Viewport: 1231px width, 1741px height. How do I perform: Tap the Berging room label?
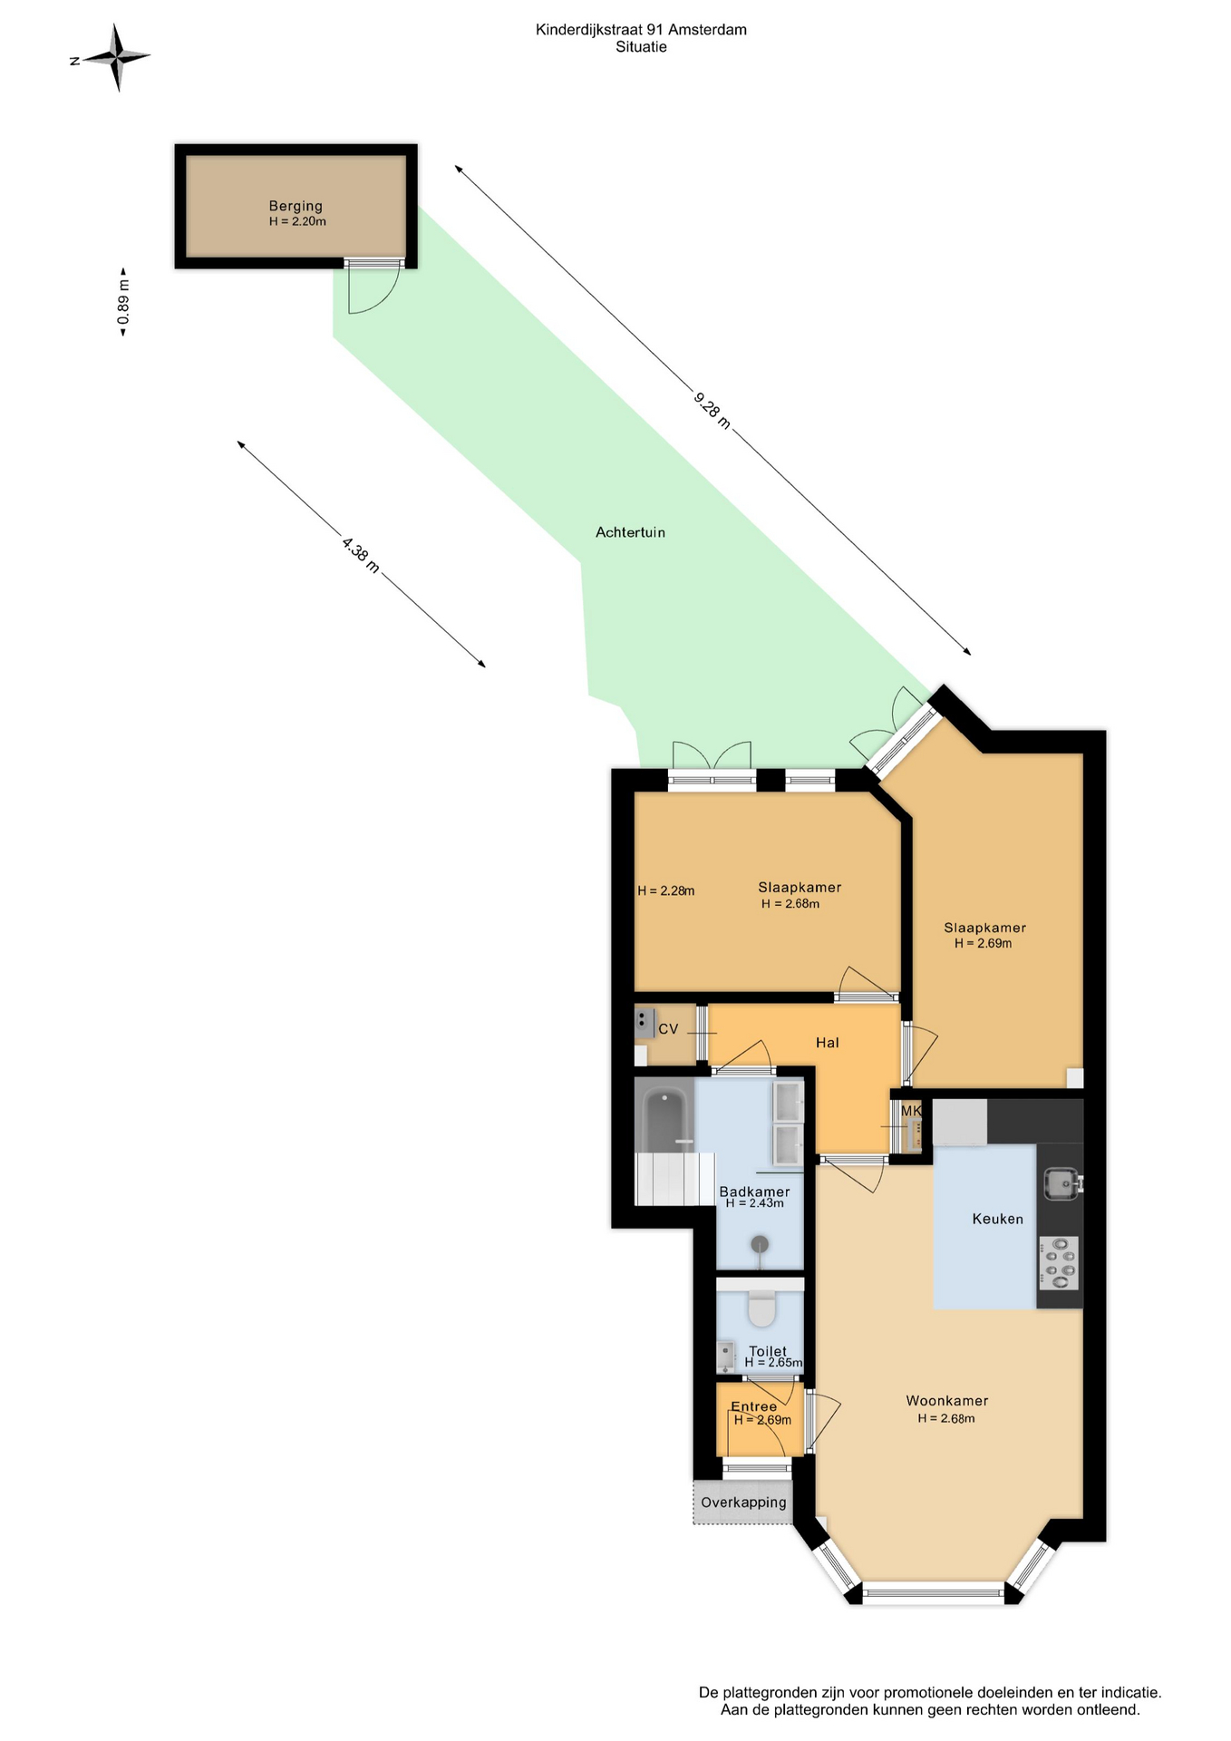point(296,206)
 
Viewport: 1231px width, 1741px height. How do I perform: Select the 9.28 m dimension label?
point(712,410)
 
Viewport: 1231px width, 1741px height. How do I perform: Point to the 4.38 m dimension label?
point(360,555)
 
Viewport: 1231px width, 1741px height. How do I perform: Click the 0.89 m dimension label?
point(123,302)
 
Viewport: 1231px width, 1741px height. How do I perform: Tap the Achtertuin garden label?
point(630,532)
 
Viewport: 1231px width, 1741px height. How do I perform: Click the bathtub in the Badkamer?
point(665,1121)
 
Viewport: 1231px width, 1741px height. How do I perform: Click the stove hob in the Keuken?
point(1059,1262)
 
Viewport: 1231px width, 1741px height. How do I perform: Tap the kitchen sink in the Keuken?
point(1060,1183)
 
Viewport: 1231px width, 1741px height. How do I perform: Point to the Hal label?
point(827,1043)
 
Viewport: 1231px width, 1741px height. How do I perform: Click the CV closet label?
point(668,1029)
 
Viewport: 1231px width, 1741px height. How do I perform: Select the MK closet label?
point(911,1111)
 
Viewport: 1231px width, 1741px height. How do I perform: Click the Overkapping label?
point(743,1503)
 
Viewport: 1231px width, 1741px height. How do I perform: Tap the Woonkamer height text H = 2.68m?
point(946,1418)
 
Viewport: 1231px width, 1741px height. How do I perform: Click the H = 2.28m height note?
point(666,890)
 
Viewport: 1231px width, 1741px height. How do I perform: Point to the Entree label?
point(753,1406)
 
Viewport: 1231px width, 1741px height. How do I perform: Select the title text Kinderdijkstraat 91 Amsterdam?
point(641,30)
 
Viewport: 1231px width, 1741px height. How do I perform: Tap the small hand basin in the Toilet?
point(726,1356)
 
